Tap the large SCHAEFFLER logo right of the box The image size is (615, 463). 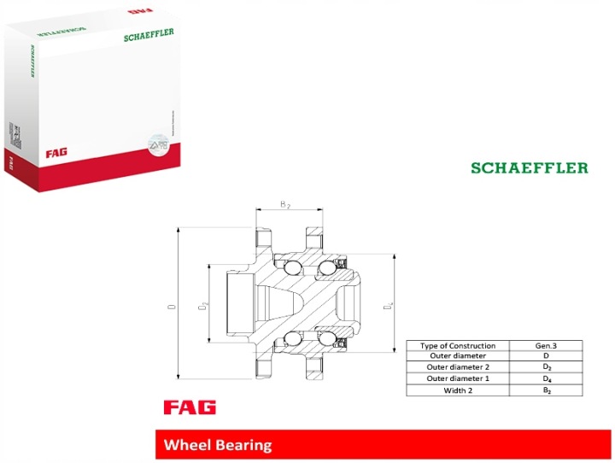coord(530,167)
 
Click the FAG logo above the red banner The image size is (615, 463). coord(190,407)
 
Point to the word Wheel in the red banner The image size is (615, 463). coord(186,445)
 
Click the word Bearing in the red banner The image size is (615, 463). coord(243,445)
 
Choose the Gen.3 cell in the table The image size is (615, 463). coord(546,345)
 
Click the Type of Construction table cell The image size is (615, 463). coord(458,345)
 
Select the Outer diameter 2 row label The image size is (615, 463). coord(458,367)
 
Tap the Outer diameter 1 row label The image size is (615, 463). coord(458,378)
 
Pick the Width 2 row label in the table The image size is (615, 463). coord(458,390)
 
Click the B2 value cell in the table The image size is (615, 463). coord(546,390)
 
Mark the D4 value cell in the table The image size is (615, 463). coord(546,378)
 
